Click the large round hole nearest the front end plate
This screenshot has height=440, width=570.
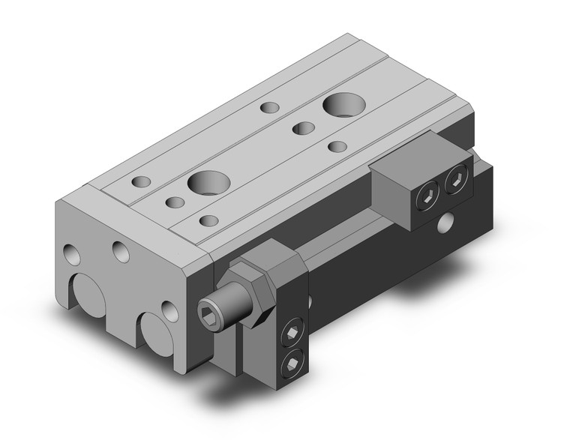[x=207, y=181]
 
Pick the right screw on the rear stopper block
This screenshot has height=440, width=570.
[x=454, y=181]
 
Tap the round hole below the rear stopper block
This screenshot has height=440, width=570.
[x=448, y=221]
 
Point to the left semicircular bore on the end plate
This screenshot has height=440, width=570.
[x=91, y=296]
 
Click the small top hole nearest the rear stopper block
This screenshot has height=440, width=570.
[x=337, y=145]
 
